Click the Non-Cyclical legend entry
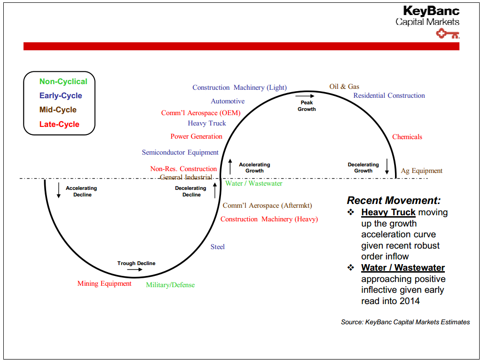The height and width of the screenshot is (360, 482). [63, 81]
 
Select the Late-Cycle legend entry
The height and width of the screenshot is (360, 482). [59, 124]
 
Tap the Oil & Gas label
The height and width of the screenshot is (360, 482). [344, 86]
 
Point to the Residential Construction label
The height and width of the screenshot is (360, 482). [389, 95]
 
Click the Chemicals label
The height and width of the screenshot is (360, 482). [407, 137]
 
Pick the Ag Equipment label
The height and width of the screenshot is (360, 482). [421, 171]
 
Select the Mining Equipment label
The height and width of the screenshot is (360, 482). [104, 283]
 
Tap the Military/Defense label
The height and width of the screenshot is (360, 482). [170, 285]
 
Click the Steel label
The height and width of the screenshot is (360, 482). [218, 247]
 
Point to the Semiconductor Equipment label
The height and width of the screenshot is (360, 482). [180, 152]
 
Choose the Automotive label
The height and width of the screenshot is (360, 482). [228, 101]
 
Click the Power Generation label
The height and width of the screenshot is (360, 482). [196, 136]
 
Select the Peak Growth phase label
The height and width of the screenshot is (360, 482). [307, 106]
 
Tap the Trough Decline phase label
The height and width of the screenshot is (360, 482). [136, 263]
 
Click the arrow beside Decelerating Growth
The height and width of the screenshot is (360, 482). [387, 166]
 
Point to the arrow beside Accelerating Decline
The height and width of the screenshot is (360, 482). [59, 190]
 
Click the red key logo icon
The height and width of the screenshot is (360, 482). [447, 33]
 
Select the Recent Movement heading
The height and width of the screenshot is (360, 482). [394, 200]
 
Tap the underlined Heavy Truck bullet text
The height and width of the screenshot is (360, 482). [388, 212]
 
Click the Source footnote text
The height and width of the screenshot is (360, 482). [405, 322]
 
